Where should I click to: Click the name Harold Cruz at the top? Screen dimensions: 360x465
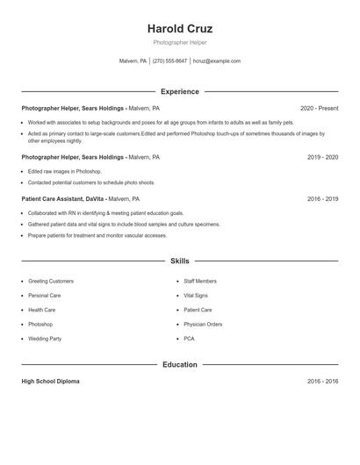[x=180, y=28]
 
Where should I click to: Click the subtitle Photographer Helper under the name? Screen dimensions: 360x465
[x=180, y=42]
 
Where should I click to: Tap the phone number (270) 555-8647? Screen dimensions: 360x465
[x=170, y=61]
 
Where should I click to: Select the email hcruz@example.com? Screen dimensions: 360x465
[x=217, y=61]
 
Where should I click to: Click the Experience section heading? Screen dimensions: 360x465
[x=180, y=91]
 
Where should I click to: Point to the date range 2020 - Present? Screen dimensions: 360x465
[x=319, y=108]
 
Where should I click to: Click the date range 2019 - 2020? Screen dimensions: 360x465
[x=322, y=157]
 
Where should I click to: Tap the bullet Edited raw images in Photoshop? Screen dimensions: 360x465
[x=65, y=171]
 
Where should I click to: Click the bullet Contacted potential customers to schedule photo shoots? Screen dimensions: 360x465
[x=91, y=182]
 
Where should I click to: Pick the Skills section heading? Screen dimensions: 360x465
[x=180, y=261]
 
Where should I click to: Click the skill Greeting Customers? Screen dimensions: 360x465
[x=51, y=281]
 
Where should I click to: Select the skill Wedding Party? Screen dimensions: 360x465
[x=45, y=338]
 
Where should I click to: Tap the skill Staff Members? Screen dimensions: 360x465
[x=200, y=281]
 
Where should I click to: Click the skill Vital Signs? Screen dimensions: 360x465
[x=196, y=296]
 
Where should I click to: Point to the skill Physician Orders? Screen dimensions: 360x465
[x=203, y=324]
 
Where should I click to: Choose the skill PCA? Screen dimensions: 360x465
[x=189, y=338]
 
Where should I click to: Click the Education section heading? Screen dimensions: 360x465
[x=180, y=364]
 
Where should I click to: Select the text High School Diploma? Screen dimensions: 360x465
[x=51, y=382]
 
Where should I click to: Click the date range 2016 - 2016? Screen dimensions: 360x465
[x=322, y=382]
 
